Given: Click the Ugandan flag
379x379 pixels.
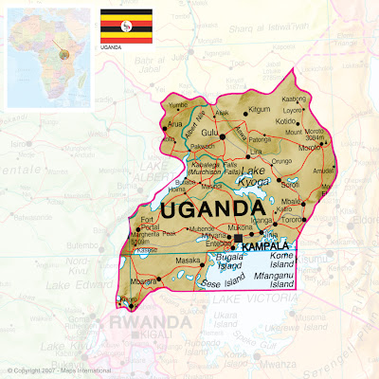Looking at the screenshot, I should tap(121, 21).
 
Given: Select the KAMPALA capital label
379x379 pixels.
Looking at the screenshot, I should tap(266, 246).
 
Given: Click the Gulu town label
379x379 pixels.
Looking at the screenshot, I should tap(209, 134).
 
